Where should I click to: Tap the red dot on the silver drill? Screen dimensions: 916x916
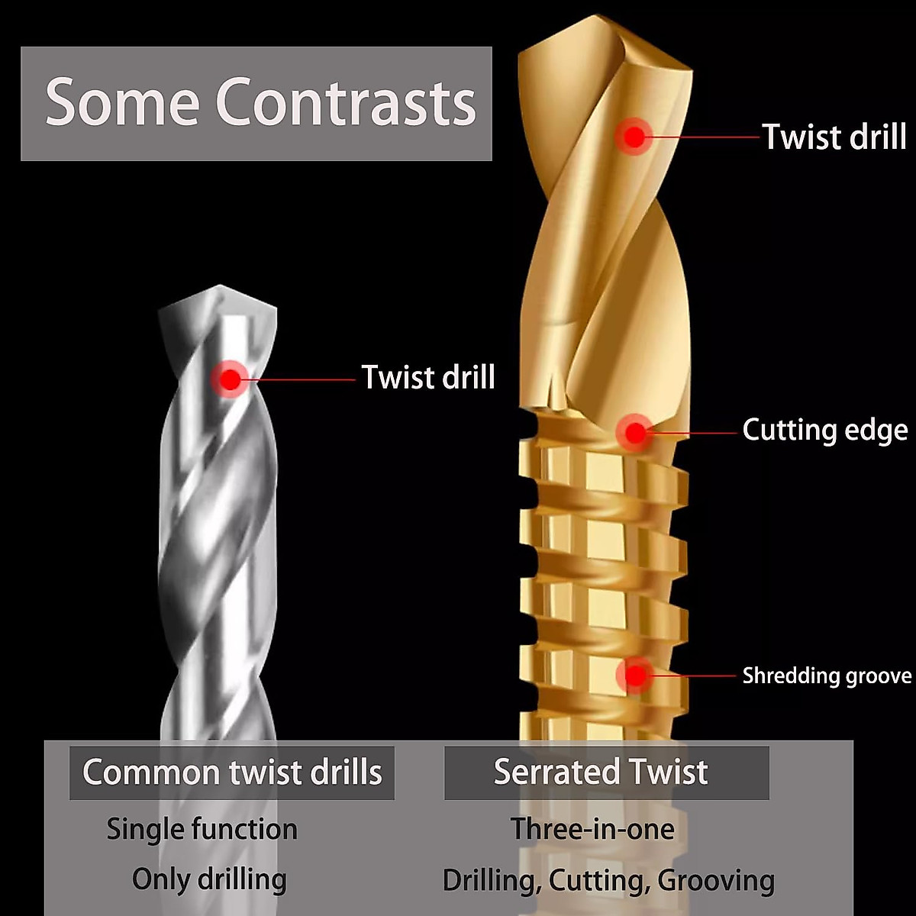230,378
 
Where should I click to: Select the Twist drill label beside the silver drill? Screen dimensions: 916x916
428,378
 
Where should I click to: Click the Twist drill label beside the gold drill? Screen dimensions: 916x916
834,137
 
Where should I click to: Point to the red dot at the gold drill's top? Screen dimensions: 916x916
634,137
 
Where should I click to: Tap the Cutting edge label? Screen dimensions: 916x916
825,430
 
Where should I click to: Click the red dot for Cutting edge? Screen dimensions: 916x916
634,433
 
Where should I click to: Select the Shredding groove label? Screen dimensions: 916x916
827,676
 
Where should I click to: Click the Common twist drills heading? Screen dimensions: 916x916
232,772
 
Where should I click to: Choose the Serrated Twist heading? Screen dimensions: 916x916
601,772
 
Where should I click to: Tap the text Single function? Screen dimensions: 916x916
202,829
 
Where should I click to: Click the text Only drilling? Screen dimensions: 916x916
209,879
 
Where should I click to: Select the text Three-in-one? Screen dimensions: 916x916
592,829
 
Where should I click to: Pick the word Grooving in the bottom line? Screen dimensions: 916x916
716,880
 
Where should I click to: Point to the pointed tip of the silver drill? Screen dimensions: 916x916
220,288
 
